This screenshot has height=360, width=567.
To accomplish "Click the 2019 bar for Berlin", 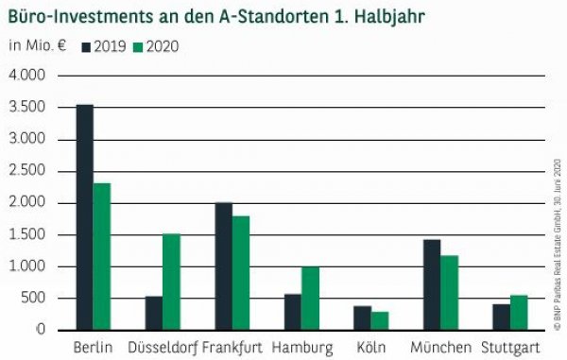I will (x=84, y=217).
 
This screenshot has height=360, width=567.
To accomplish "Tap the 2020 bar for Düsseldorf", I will (x=170, y=282).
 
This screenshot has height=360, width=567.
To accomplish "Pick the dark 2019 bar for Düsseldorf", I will (x=153, y=313).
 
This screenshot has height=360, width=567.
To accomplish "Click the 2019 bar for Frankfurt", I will (x=223, y=266).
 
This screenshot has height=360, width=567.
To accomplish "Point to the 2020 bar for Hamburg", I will (x=310, y=298).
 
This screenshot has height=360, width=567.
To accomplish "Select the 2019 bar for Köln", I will (x=362, y=317).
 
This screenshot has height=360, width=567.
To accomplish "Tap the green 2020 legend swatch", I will (x=138, y=45).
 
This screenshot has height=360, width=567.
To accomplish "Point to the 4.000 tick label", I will (x=31, y=76).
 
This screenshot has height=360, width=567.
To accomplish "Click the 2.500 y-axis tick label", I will (x=31, y=171).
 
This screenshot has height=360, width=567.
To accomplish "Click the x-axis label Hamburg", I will (x=301, y=348).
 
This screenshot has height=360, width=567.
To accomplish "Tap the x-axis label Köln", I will (x=370, y=348).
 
